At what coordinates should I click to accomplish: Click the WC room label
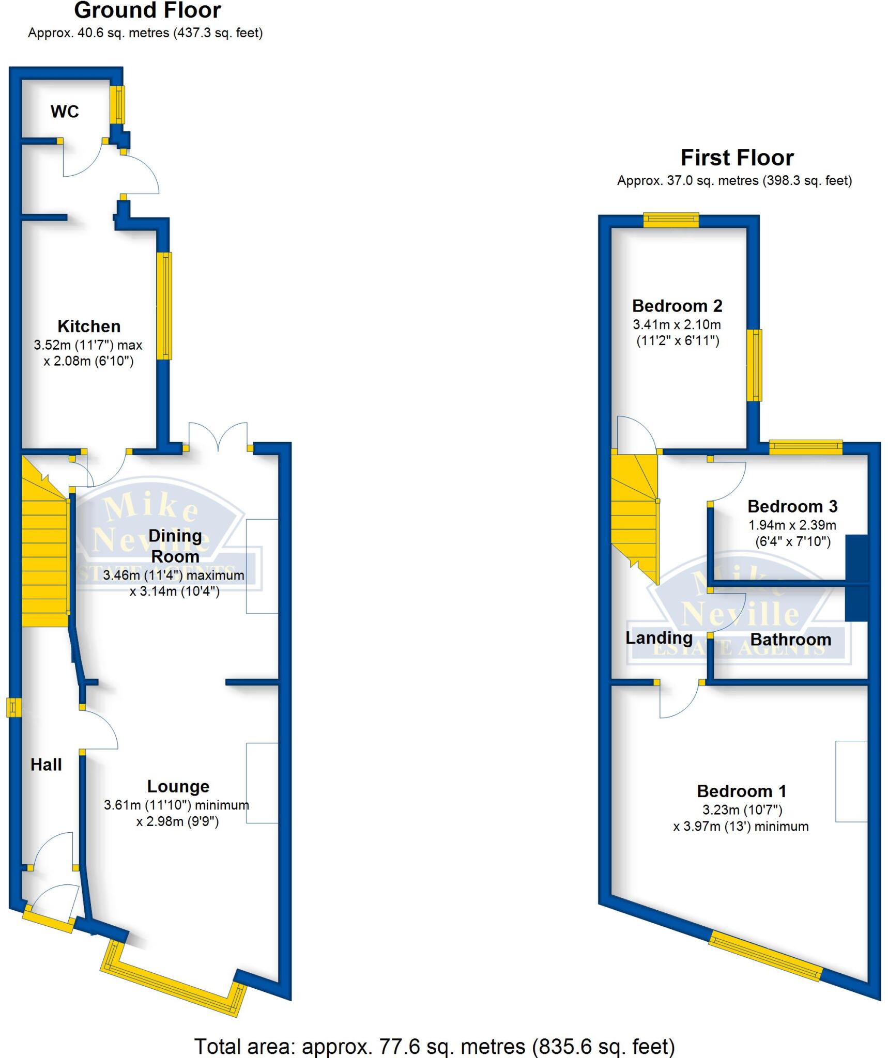pyautogui.click(x=65, y=112)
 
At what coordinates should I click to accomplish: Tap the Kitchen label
pyautogui.click(x=89, y=326)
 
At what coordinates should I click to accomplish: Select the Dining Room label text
pyautogui.click(x=175, y=546)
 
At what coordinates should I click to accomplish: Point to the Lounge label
pyautogui.click(x=178, y=786)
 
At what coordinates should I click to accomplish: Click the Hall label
pyautogui.click(x=46, y=765)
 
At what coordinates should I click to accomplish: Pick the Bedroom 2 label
pyautogui.click(x=677, y=306)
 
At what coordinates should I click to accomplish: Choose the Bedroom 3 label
pyautogui.click(x=792, y=506)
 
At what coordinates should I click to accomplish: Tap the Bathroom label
pyautogui.click(x=791, y=640)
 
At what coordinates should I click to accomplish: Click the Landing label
pyautogui.click(x=659, y=638)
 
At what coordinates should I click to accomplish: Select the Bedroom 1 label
pyautogui.click(x=742, y=791)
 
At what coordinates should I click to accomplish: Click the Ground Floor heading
pyautogui.click(x=148, y=10)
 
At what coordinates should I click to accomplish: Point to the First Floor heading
pyautogui.click(x=737, y=158)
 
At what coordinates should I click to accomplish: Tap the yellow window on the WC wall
pyautogui.click(x=118, y=104)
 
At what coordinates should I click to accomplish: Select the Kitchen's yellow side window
pyautogui.click(x=164, y=305)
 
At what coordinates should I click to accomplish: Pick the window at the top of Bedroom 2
pyautogui.click(x=671, y=221)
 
